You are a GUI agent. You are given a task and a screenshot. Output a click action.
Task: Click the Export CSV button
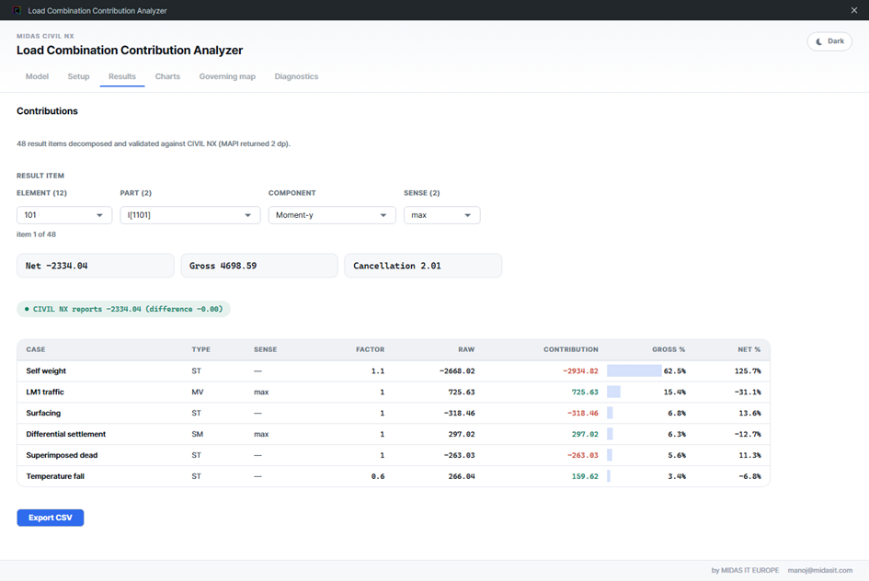coord(51,518)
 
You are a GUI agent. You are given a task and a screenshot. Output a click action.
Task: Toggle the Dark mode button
coord(829,41)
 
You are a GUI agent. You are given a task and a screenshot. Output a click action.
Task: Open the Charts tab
coord(167,76)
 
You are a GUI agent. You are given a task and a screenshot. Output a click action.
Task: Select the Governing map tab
coord(227,76)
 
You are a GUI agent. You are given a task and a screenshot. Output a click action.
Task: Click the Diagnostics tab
coord(296,76)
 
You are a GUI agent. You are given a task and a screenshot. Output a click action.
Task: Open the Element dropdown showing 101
coord(64,215)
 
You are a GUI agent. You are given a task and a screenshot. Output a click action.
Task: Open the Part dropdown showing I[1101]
coord(190,215)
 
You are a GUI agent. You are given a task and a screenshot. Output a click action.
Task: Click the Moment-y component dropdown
coord(332,215)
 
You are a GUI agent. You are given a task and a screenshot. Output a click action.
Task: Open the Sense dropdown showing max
coord(441,215)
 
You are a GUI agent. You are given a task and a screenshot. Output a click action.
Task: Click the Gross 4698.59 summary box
coord(259,266)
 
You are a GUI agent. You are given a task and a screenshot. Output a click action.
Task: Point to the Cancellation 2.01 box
coord(423,266)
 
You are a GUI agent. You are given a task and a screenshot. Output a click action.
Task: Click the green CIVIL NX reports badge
coord(123,309)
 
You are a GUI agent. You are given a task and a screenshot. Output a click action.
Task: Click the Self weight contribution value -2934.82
coord(580,371)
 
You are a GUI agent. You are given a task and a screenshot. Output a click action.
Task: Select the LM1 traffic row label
coord(45,393)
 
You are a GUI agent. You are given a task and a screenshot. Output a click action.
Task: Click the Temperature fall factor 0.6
coord(378,476)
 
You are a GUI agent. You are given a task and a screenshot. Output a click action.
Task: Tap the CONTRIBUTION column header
coord(571,349)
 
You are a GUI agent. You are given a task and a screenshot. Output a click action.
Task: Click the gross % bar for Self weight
coord(634,370)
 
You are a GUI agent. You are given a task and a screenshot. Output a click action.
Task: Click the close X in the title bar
coord(854,10)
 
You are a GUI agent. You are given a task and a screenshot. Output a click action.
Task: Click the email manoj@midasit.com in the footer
coord(820,570)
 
